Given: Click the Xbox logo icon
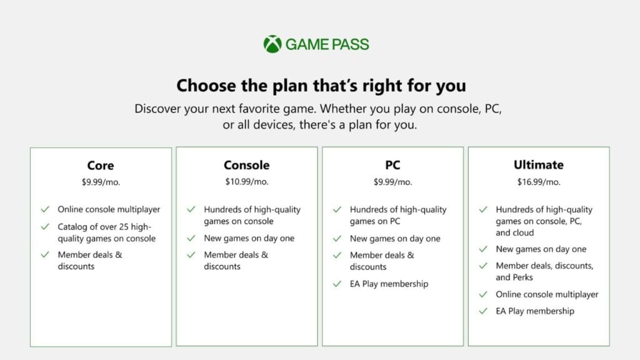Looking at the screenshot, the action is point(272,44).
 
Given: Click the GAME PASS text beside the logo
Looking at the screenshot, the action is point(327,44).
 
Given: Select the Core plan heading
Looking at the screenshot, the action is point(101,165).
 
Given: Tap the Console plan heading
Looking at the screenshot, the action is point(246,165).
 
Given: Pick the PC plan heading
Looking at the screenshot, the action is point(392,165).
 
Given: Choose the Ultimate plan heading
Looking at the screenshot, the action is point(538,164).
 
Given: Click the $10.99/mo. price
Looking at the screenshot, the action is point(246,182).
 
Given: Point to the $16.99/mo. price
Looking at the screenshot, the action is point(539,182).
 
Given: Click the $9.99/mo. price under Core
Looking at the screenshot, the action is point(101,182).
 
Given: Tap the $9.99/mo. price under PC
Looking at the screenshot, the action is point(392,182).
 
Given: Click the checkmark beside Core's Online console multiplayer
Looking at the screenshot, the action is point(45,209).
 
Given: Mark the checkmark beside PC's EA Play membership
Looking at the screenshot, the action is point(337,284).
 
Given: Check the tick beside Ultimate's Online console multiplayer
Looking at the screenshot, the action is point(483,294).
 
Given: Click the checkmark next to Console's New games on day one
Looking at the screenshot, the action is point(191,238).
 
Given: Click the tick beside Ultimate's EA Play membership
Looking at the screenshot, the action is point(483,311).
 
